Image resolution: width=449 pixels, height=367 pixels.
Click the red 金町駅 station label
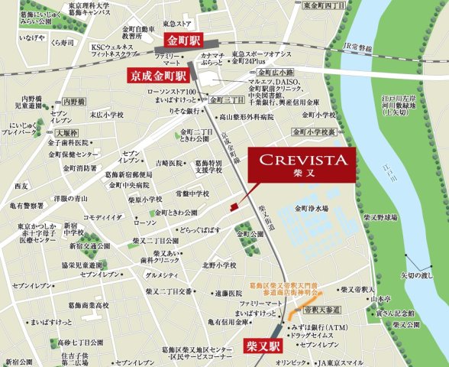pyautogui.click(x=185, y=41)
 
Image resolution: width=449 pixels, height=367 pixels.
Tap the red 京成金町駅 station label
pyautogui.click(x=157, y=76)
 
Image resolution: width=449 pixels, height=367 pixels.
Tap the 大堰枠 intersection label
pyautogui.click(x=50, y=130)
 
